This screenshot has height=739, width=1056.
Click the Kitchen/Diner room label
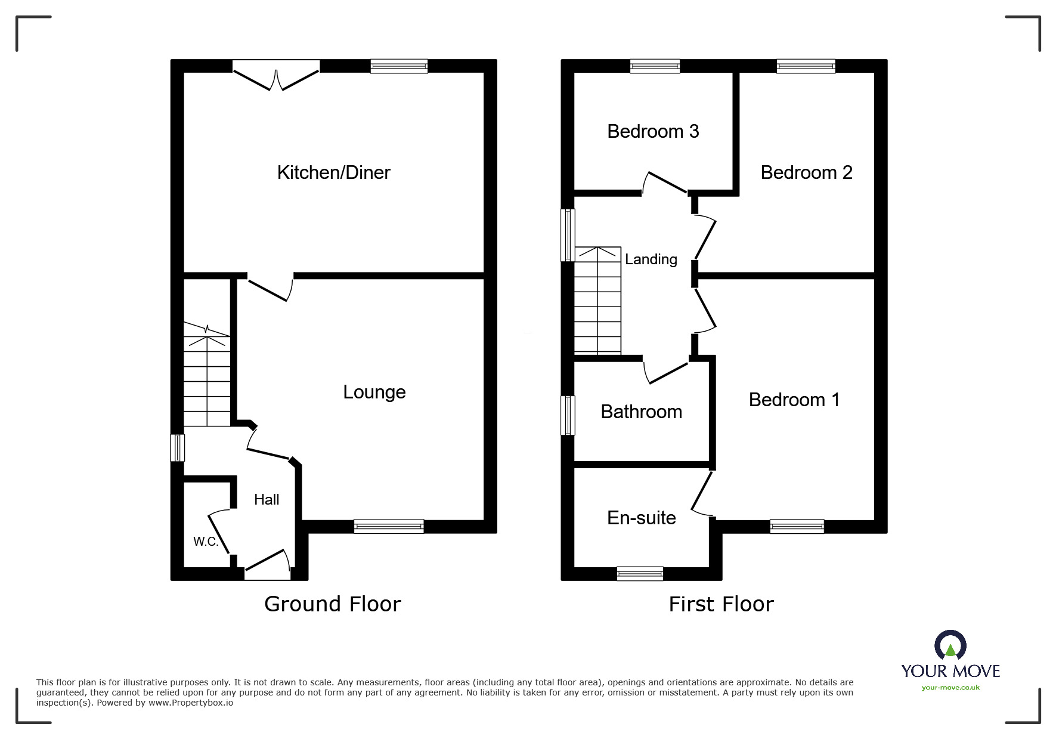pyautogui.click(x=333, y=173)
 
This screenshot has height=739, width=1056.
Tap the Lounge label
pyautogui.click(x=374, y=392)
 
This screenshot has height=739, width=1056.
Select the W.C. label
pyautogui.click(x=205, y=542)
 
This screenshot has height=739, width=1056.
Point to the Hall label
pyautogui.click(x=266, y=500)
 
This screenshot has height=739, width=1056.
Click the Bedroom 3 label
pyautogui.click(x=652, y=131)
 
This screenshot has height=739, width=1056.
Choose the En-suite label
pyautogui.click(x=641, y=518)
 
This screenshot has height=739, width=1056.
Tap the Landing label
pyautogui.click(x=651, y=259)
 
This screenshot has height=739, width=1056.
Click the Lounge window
pyautogui.click(x=388, y=526)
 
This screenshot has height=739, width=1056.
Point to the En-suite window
pyautogui.click(x=640, y=573)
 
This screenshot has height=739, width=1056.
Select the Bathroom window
pyautogui.click(x=568, y=415)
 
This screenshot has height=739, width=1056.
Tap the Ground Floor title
pyautogui.click(x=332, y=604)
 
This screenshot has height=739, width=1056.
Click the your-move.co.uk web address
pyautogui.click(x=950, y=688)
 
